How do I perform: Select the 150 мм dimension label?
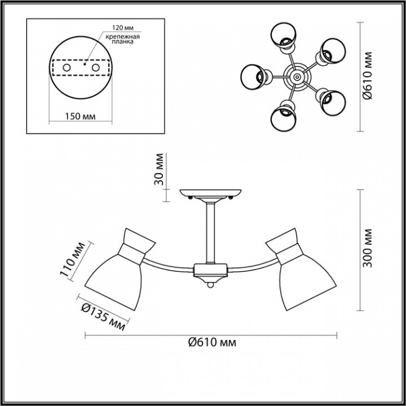(x=79, y=116)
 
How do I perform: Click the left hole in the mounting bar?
(x=66, y=68)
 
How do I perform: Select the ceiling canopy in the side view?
(x=211, y=193)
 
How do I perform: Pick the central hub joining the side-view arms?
(x=211, y=271)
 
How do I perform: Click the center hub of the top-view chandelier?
(x=295, y=75)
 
